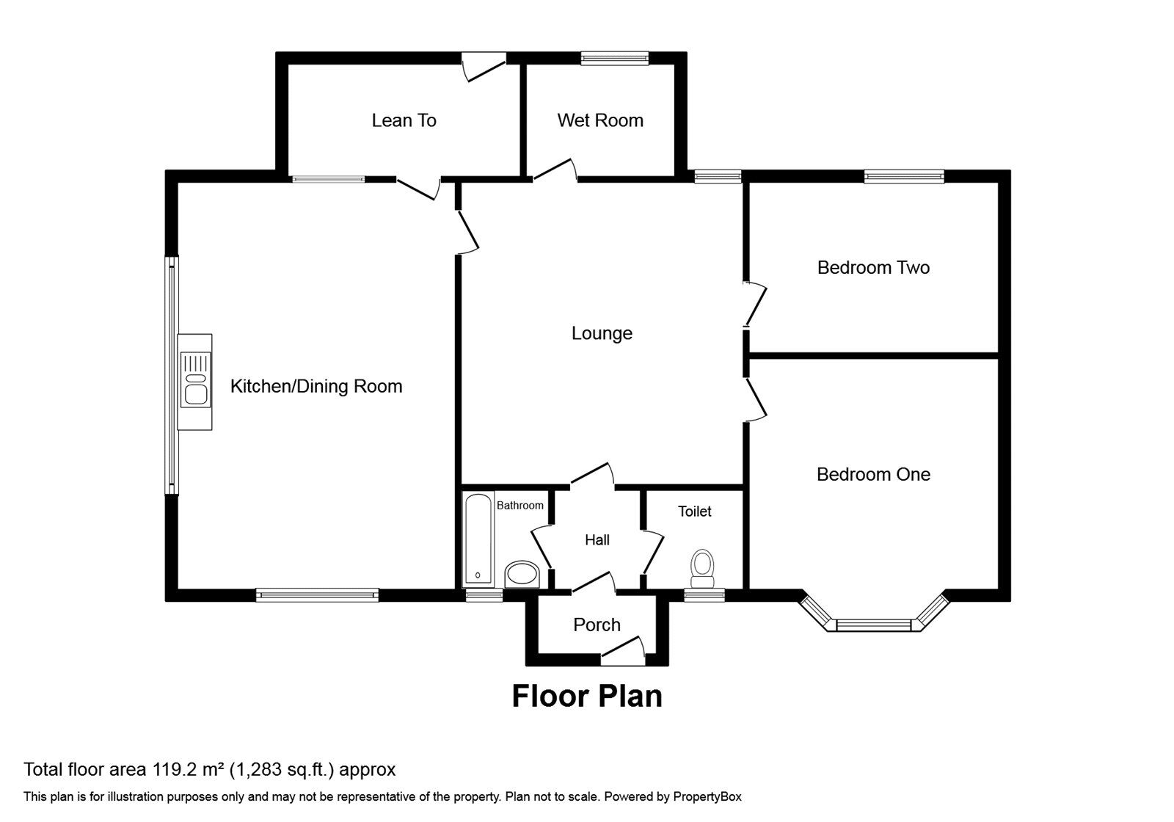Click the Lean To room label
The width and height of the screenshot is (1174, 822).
coord(404,120)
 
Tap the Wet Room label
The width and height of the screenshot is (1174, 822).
coord(599,120)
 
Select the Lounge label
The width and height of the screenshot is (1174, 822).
coord(602,333)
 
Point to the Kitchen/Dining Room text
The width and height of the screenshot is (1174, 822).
coord(316,386)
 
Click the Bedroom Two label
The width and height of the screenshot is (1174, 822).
coord(873,267)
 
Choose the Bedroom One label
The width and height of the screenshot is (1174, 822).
coord(873,474)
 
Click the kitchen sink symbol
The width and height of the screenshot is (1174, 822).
coord(195,379)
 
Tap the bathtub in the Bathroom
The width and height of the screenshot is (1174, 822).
coord(479,540)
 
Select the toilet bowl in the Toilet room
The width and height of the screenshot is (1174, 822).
coord(702,568)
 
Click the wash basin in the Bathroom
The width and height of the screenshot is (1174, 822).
coord(522,574)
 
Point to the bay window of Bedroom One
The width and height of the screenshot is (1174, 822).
coord(873,625)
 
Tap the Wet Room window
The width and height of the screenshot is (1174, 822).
coord(615,58)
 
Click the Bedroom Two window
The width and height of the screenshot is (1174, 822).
coord(904,175)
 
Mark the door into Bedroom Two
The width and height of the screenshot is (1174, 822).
coord(756,303)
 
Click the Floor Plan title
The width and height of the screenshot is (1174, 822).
coord(586,696)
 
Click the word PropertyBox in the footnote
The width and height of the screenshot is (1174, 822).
coord(707,796)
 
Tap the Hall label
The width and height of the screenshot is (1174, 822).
coord(597,540)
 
